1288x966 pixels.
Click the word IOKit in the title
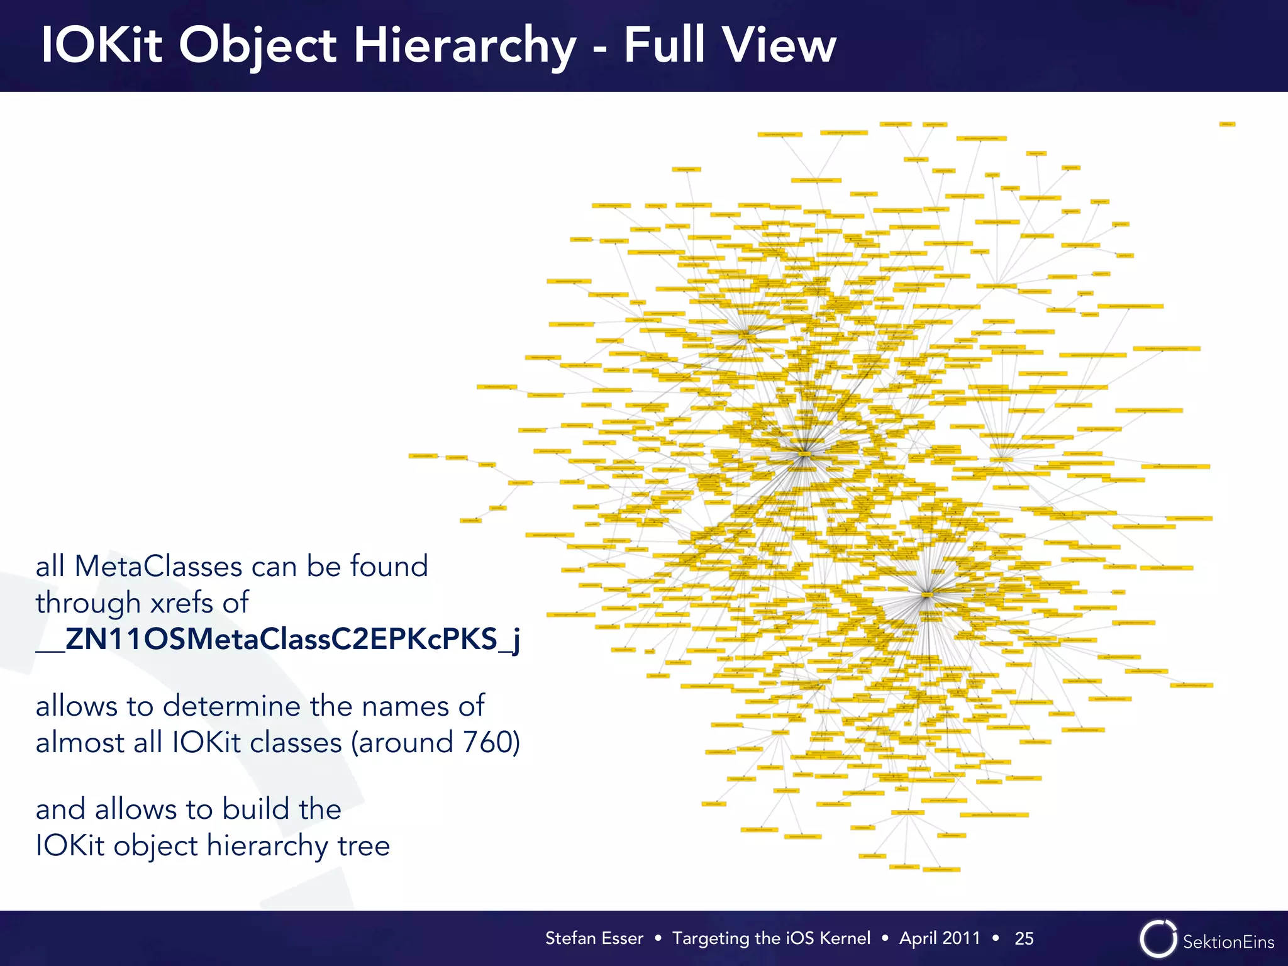click(x=102, y=45)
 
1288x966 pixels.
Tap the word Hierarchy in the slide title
click(x=465, y=47)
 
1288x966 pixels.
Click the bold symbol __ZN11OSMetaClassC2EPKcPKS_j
click(x=277, y=639)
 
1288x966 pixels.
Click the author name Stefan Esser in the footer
click(x=594, y=938)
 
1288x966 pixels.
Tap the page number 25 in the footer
click(x=1024, y=938)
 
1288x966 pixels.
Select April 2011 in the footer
click(x=940, y=938)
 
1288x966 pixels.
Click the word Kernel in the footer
click(x=845, y=938)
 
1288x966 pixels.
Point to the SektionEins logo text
click(x=1228, y=941)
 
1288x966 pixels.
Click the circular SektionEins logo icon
click(x=1158, y=939)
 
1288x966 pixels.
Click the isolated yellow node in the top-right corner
click(x=1228, y=125)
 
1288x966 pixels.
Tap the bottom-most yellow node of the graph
click(x=941, y=870)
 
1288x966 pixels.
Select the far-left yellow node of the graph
click(x=423, y=455)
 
